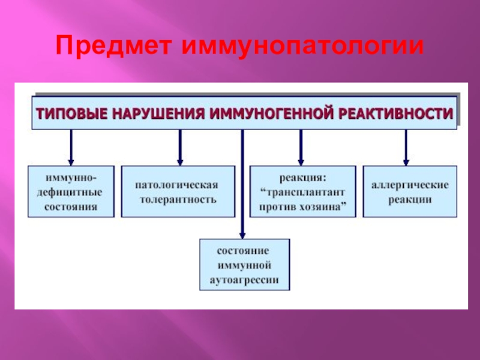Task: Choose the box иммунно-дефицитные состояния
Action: pyautogui.click(x=71, y=191)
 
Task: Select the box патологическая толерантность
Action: pyautogui.click(x=178, y=191)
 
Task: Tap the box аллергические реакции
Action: pyautogui.click(x=410, y=191)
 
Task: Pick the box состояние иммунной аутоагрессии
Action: pyautogui.click(x=244, y=265)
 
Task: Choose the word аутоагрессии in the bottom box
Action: pyautogui.click(x=244, y=279)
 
